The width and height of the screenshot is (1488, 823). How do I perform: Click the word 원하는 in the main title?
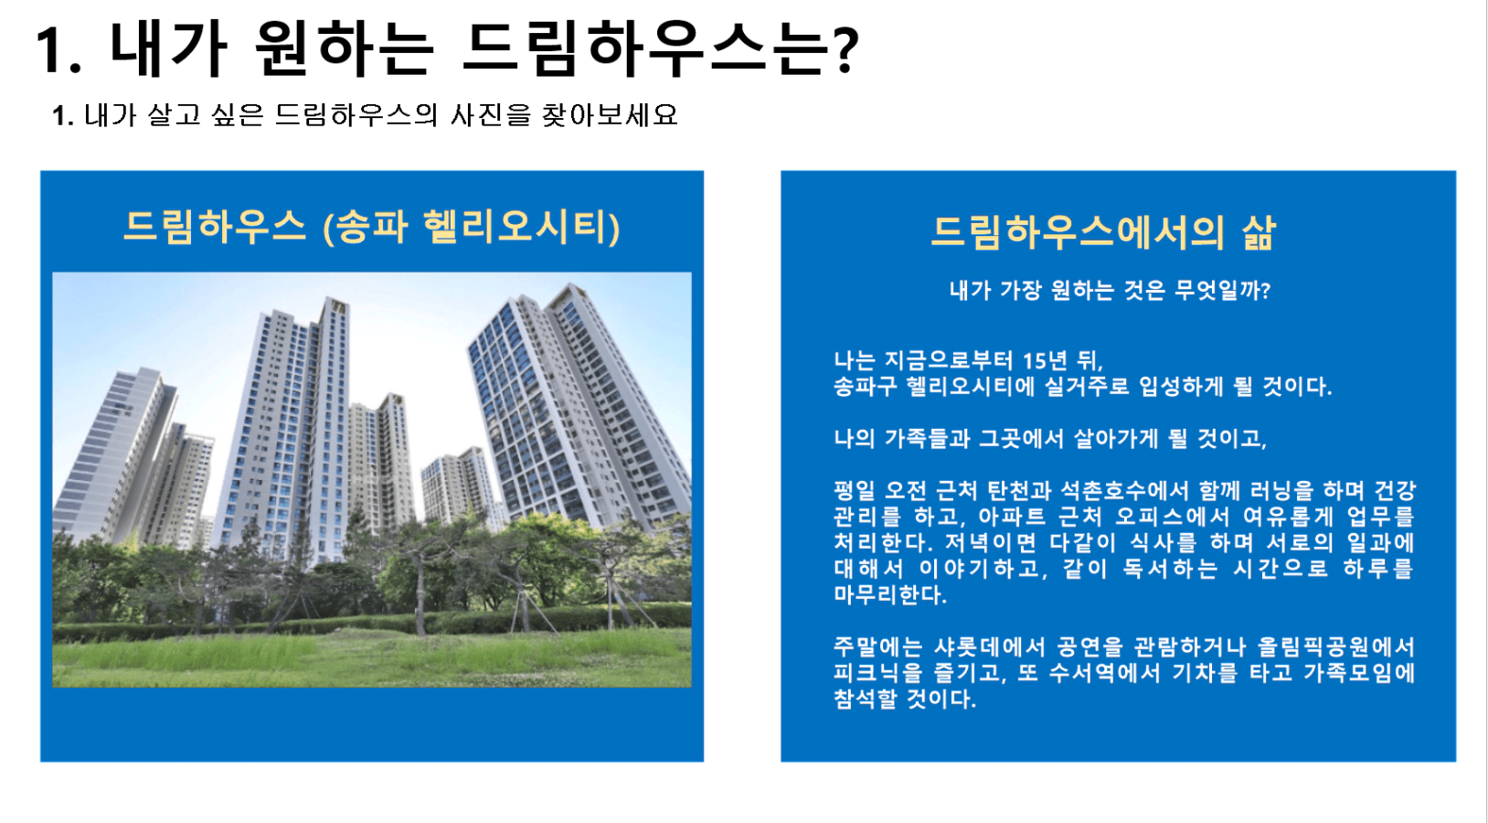click(x=344, y=48)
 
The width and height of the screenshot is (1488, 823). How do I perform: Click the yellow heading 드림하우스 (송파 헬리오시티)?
click(x=372, y=227)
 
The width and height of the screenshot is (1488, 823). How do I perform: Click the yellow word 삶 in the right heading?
click(x=1259, y=232)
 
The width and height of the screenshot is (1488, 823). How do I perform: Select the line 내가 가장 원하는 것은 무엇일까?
click(x=1110, y=291)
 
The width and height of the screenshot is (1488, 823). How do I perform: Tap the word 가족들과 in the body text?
click(x=925, y=439)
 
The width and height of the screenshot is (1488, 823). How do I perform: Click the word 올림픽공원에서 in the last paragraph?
click(x=1336, y=647)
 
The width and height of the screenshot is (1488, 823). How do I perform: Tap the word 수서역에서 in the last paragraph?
click(x=1105, y=673)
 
